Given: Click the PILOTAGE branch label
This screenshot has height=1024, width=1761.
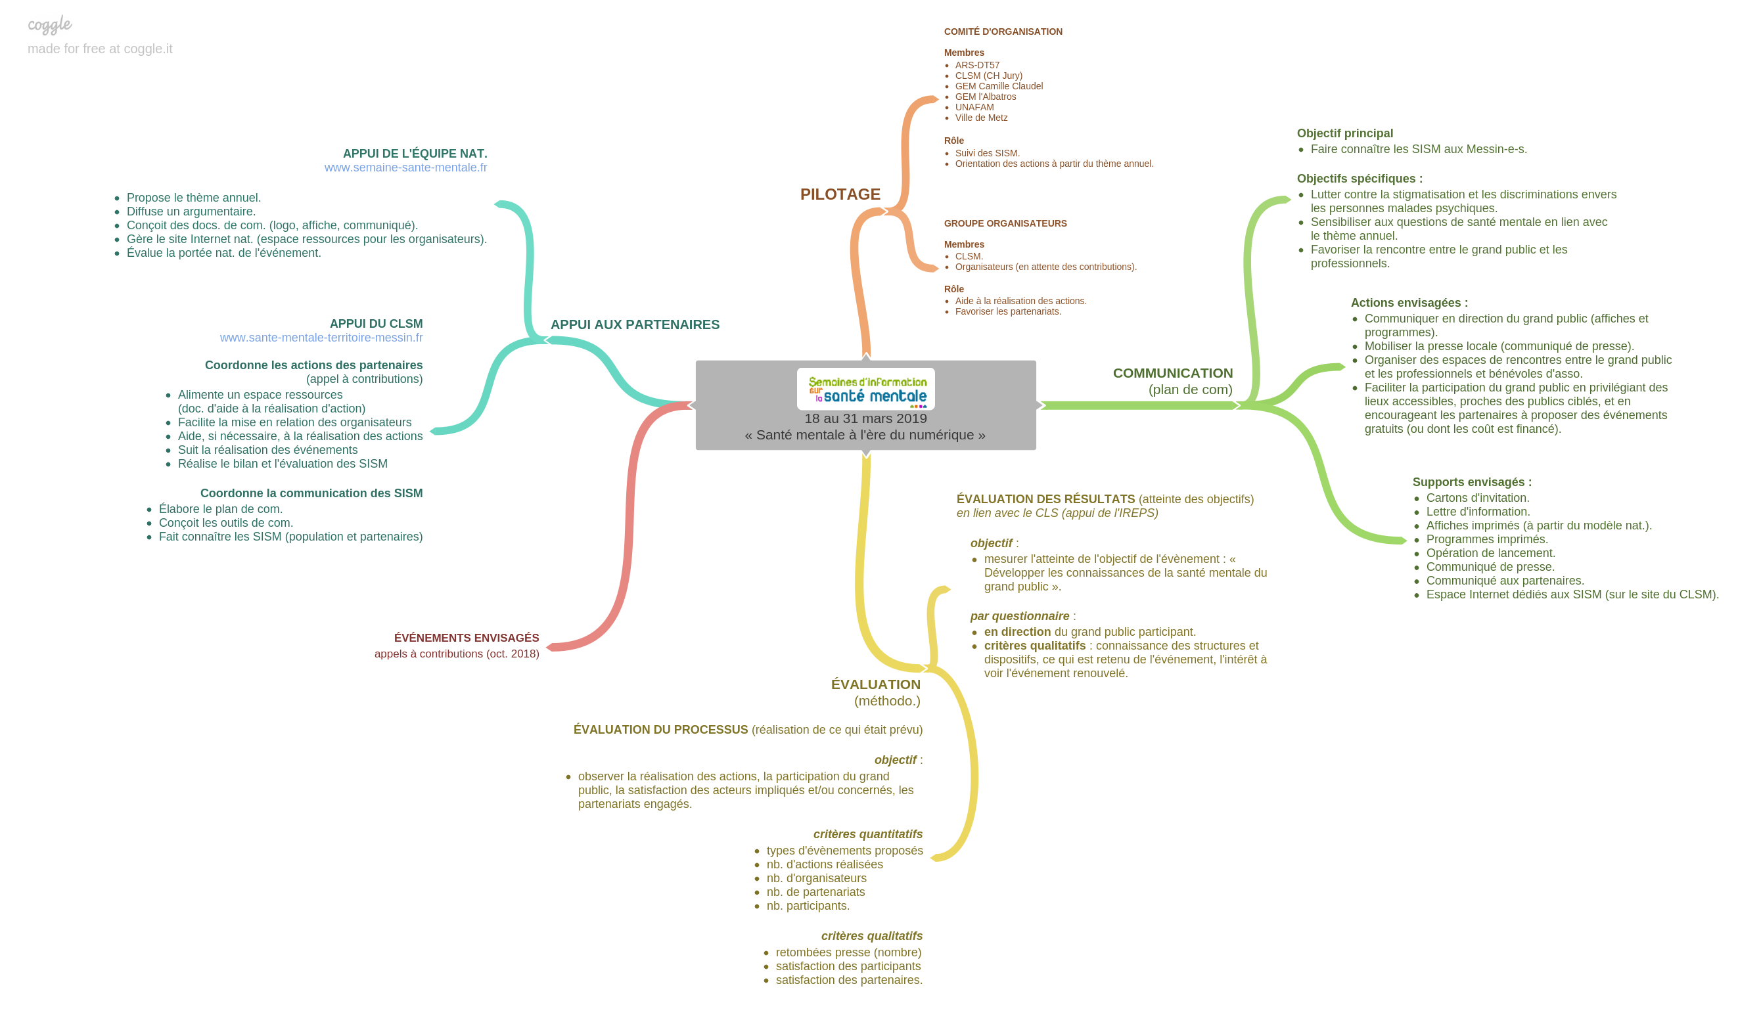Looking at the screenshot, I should (840, 195).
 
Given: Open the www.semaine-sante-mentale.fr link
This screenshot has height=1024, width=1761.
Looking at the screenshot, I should (405, 167).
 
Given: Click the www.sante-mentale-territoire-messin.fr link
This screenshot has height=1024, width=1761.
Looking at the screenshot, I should (321, 338).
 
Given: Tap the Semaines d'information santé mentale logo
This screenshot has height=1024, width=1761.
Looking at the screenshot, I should (866, 390).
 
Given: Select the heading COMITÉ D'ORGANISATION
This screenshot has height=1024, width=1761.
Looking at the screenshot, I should (1003, 32).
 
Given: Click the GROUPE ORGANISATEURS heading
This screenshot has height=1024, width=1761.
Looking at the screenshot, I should (1005, 223).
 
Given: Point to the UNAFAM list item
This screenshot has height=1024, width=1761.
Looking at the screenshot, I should (974, 108).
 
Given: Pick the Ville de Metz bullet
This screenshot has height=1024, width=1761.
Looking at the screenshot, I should (981, 118).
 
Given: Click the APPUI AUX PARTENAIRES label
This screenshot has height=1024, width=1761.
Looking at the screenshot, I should (635, 324).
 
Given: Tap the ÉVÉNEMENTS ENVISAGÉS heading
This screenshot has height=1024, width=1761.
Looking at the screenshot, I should (466, 638).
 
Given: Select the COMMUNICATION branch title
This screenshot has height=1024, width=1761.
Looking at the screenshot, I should (1173, 374).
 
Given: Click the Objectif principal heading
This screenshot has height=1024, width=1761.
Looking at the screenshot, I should (1344, 133).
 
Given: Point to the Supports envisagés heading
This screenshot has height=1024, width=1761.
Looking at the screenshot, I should (1472, 483).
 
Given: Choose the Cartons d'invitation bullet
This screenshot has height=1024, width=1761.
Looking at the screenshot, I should (1477, 498).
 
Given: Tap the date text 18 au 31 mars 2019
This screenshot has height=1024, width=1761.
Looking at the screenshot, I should (865, 419).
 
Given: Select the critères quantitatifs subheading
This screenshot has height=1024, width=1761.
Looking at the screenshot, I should (867, 835).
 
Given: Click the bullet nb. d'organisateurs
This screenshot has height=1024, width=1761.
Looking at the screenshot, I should (816, 879).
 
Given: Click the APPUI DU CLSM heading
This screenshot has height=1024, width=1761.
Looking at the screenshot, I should (376, 324).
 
